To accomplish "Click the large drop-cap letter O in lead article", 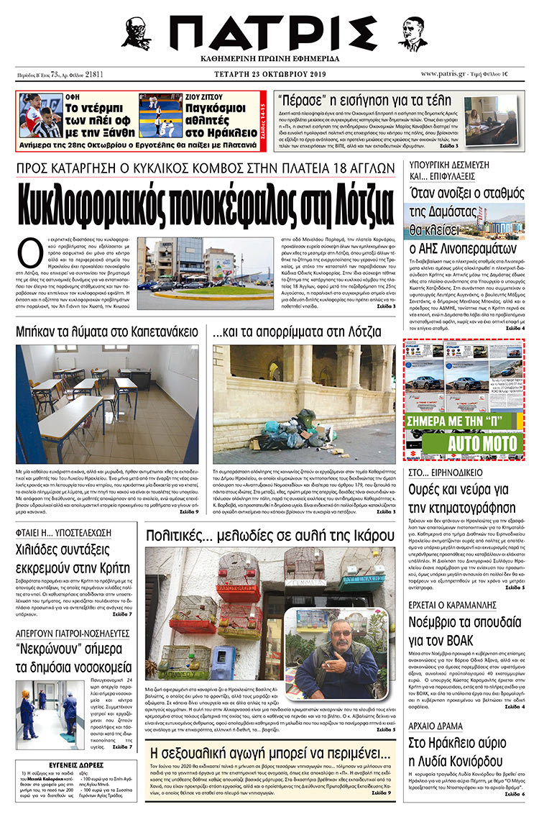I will (29, 253).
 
